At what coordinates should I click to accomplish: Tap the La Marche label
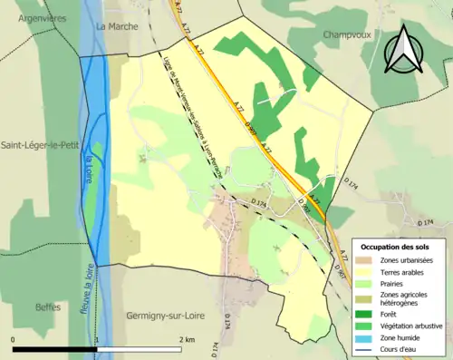coord(116,26)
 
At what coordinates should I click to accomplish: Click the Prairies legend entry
coord(394,282)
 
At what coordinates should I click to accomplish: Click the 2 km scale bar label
coord(188,339)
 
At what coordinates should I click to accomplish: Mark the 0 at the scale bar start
coord(13,339)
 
